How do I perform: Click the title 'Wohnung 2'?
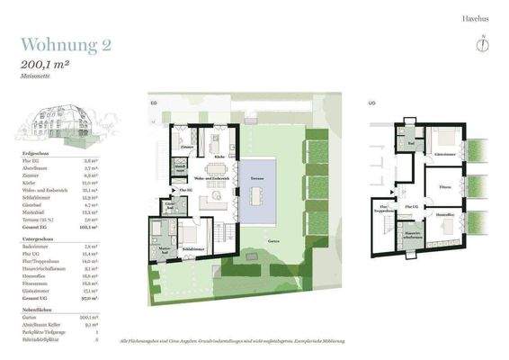[67, 45]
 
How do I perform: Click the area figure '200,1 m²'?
[50, 66]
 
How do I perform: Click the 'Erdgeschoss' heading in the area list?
[35, 154]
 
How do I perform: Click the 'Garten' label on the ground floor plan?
[272, 242]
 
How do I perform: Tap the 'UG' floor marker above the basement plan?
[371, 103]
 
